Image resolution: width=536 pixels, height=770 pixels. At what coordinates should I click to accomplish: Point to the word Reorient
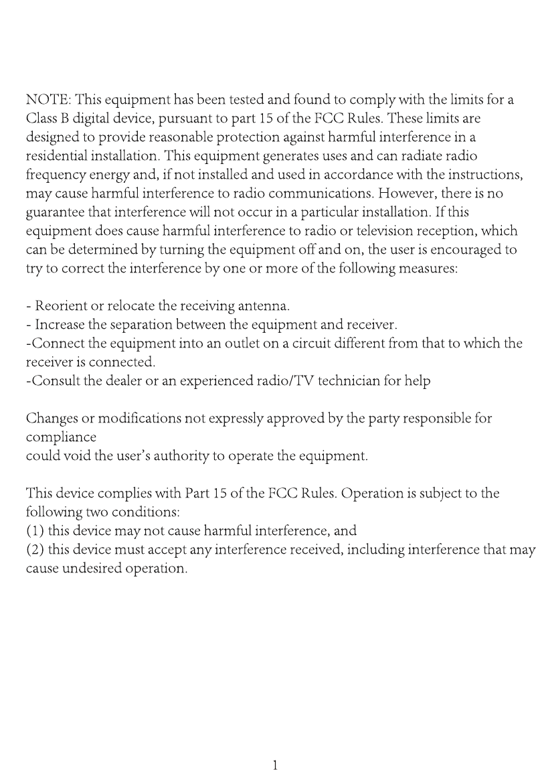pyautogui.click(x=58, y=307)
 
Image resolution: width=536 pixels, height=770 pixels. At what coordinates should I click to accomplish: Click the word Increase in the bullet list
pyautogui.click(x=57, y=325)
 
